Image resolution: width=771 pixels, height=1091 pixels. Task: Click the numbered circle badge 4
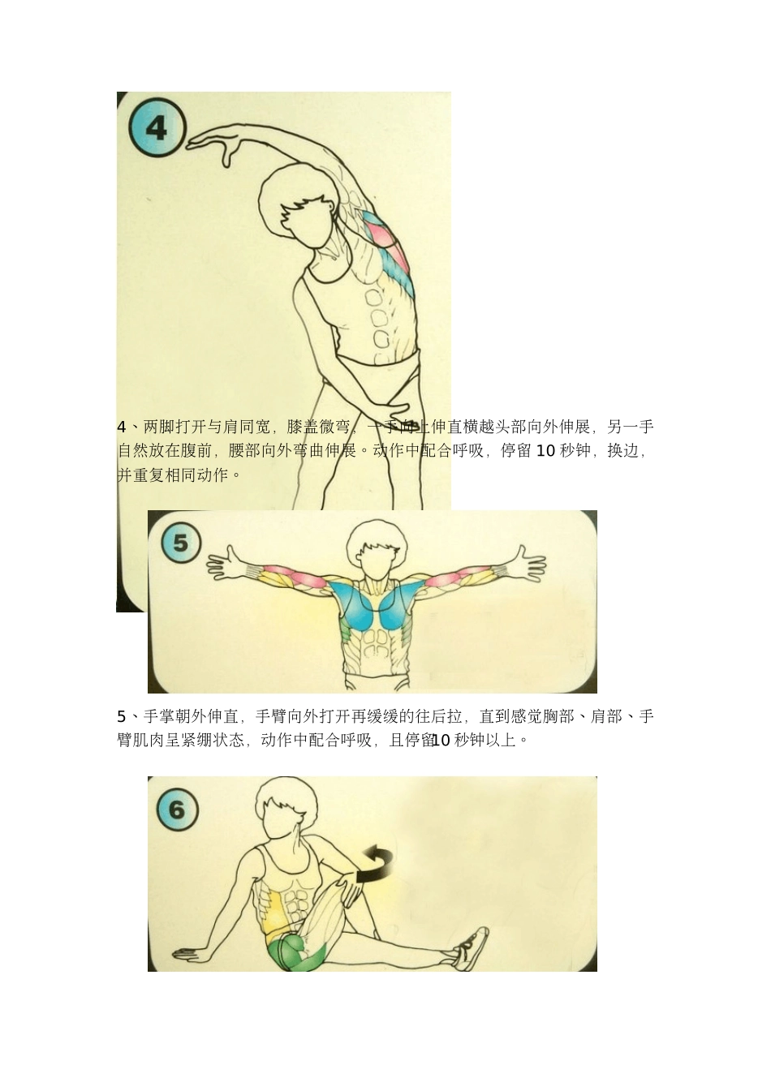click(x=157, y=127)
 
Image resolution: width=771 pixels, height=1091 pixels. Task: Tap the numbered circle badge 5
click(x=180, y=542)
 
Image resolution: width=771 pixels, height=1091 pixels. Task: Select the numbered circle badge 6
click(x=176, y=809)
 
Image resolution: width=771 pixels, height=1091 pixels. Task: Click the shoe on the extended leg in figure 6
click(x=472, y=948)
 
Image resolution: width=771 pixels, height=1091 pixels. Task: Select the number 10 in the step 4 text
click(x=546, y=451)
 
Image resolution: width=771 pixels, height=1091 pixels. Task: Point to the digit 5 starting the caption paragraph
click(x=122, y=716)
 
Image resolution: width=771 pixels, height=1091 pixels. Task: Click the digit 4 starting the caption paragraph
click(x=122, y=427)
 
